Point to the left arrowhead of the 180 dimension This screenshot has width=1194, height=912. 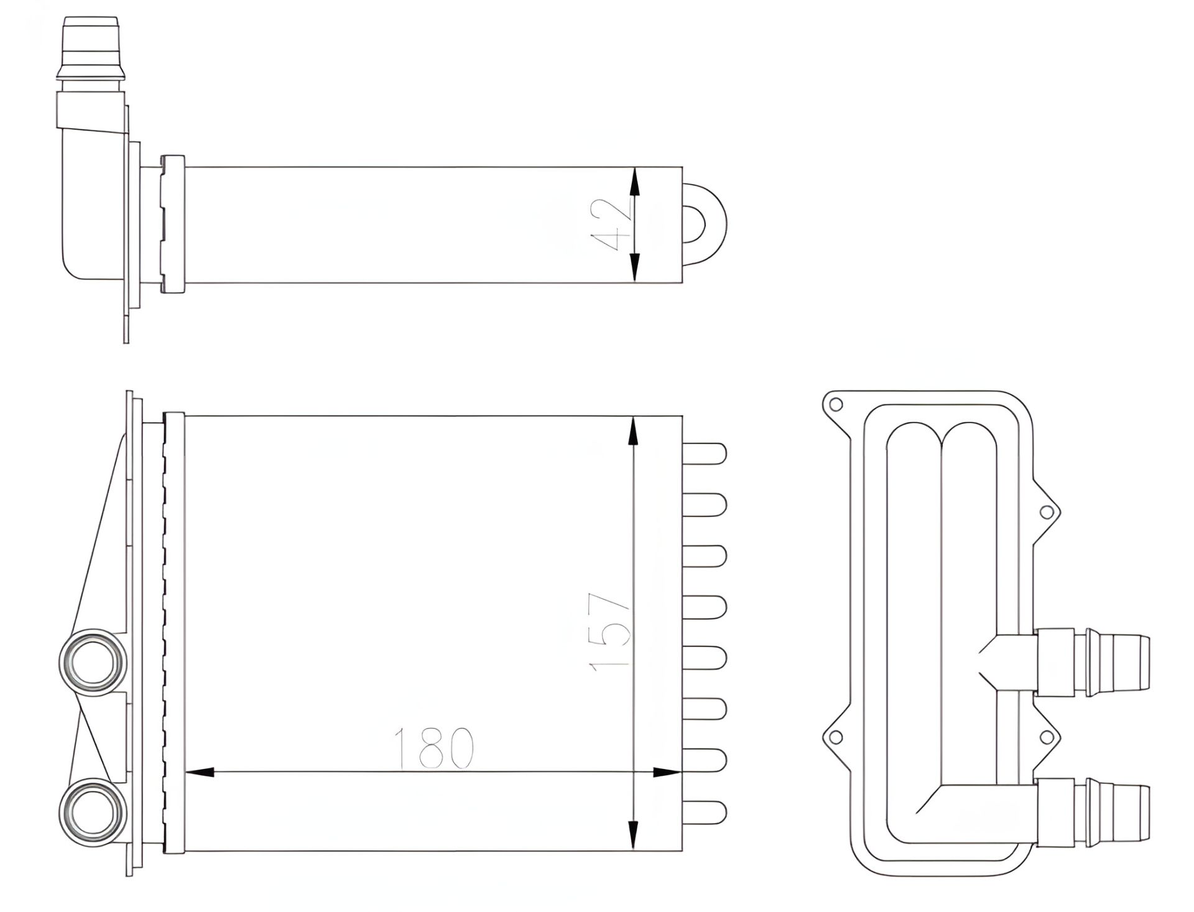click(x=200, y=773)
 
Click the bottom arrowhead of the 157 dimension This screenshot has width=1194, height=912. click(x=633, y=834)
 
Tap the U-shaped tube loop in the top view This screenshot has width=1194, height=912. click(x=706, y=224)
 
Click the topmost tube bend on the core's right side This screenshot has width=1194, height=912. click(x=705, y=453)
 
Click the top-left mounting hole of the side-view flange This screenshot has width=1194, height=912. click(x=836, y=404)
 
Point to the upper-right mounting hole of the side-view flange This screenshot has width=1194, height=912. click(x=1047, y=512)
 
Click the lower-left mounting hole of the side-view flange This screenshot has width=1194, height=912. click(x=836, y=737)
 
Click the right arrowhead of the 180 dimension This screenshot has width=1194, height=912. click(x=667, y=773)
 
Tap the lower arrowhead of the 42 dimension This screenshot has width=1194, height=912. click(x=634, y=266)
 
